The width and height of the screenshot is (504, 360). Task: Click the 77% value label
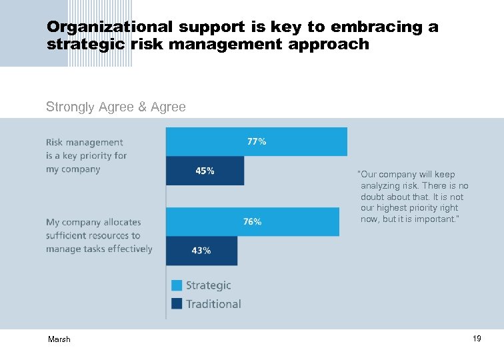pyautogui.click(x=257, y=141)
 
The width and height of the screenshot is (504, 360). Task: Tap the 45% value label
pyautogui.click(x=205, y=171)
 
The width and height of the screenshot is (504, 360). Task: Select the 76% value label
pyautogui.click(x=252, y=221)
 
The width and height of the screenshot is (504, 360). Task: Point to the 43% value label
pyautogui.click(x=201, y=251)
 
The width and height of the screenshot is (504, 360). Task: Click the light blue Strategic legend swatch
pyautogui.click(x=177, y=285)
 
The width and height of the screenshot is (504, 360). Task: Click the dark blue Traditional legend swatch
pyautogui.click(x=177, y=304)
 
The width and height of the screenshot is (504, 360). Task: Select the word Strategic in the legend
pyautogui.click(x=208, y=285)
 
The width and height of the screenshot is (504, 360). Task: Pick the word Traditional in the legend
pyautogui.click(x=213, y=304)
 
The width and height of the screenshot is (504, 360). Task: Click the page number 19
pyautogui.click(x=477, y=339)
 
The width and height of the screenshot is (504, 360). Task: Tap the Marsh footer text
pyautogui.click(x=59, y=340)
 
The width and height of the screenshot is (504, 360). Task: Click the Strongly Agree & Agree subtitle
pyautogui.click(x=116, y=107)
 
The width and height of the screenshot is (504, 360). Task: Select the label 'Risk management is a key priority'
pyautogui.click(x=86, y=155)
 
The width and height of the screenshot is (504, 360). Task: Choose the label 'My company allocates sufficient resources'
pyautogui.click(x=99, y=235)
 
